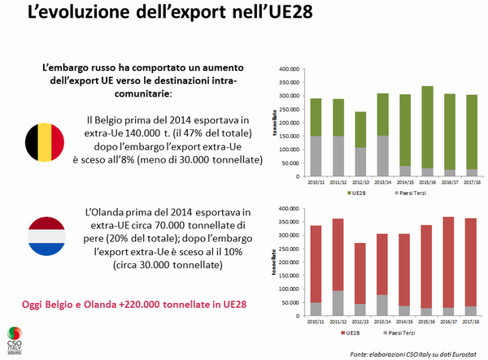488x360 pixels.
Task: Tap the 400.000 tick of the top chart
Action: (290, 70)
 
